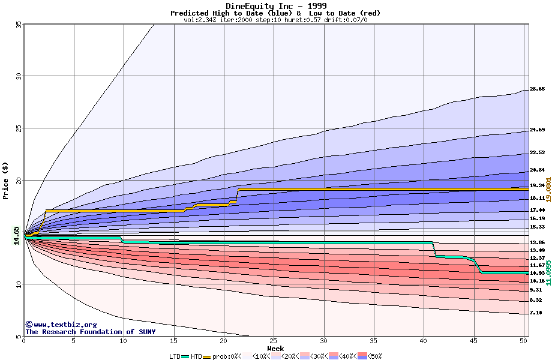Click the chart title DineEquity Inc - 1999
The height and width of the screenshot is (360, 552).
275,6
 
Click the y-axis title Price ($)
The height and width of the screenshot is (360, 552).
6,180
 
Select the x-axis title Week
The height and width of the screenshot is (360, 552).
275,349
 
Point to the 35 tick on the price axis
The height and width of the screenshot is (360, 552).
18,24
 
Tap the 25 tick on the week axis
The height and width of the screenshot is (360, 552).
274,341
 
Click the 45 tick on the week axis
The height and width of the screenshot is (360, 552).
474,341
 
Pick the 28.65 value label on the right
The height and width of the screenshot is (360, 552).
537,89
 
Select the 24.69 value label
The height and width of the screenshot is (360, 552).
537,130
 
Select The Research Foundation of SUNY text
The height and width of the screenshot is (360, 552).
90,332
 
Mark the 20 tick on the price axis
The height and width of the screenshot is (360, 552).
18,180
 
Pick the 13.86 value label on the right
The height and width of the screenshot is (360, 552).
537,242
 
